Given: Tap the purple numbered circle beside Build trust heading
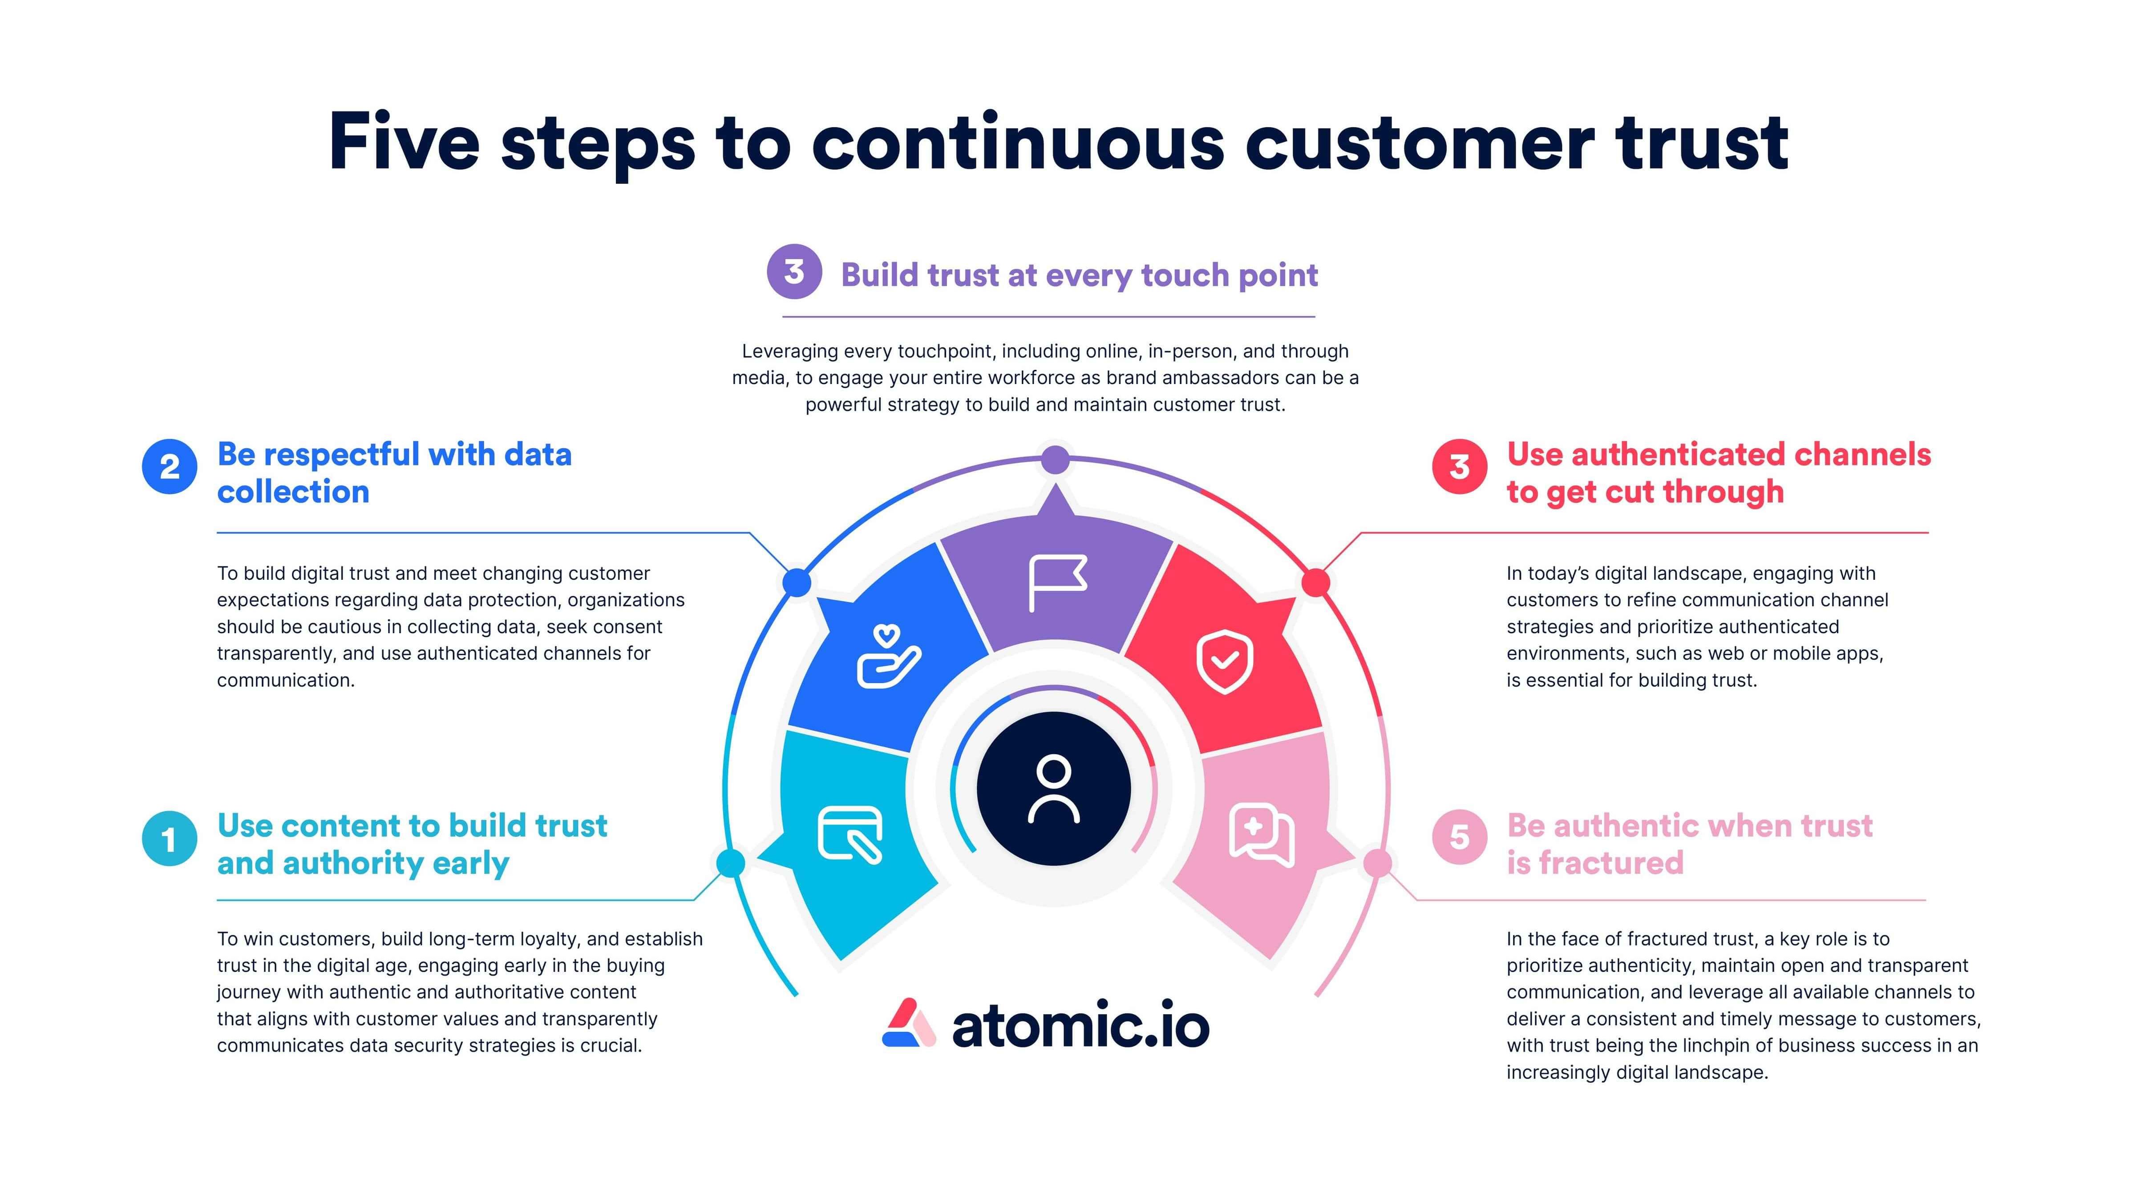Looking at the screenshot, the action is click(x=794, y=271).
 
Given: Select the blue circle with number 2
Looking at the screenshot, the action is click(x=170, y=467).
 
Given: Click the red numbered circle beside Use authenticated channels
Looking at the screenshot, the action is click(x=1460, y=467).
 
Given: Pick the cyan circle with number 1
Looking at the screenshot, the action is click(x=170, y=838).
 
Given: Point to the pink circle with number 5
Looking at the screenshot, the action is click(x=1460, y=837).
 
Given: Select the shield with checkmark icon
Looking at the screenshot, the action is click(x=1225, y=661).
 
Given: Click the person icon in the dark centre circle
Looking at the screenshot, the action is click(x=1054, y=789).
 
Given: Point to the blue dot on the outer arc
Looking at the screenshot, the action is click(x=797, y=582).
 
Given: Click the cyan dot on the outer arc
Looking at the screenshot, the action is click(x=731, y=863).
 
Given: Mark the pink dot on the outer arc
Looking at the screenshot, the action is click(x=1378, y=863).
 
